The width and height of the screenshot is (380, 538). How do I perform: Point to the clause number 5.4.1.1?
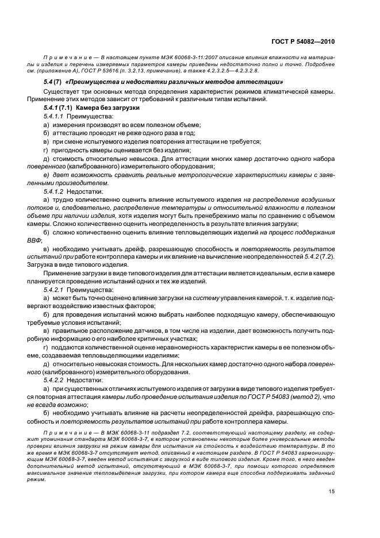[x=55, y=116]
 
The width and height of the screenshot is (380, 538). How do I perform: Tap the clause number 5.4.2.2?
[x=55, y=380]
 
